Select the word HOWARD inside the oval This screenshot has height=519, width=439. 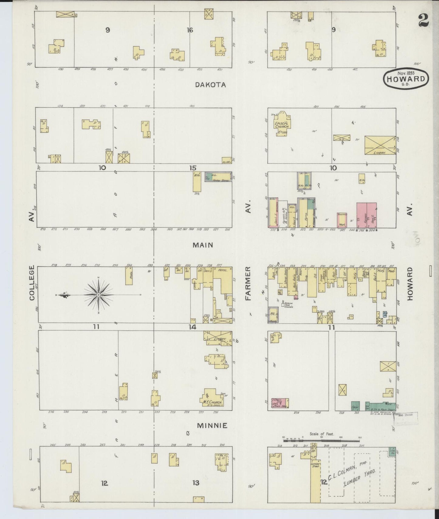coord(406,79)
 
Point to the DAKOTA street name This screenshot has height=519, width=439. coord(211,85)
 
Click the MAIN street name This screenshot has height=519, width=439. coord(203,245)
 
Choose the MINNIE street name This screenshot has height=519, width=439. coord(212,426)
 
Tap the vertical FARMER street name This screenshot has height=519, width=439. coord(248,283)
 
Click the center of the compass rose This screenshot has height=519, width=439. coord(98,295)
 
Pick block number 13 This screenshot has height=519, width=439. coord(196,483)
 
